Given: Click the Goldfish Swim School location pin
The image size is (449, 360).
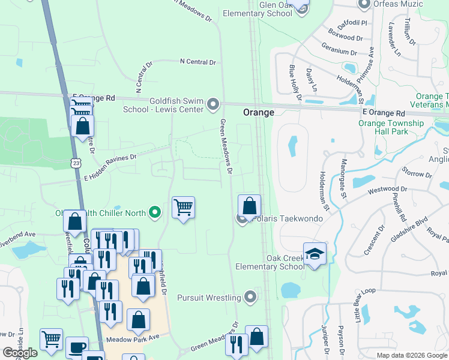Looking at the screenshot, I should (213, 106).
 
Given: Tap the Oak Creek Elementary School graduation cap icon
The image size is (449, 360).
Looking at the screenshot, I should (315, 254).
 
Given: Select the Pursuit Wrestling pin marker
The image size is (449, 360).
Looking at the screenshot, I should (251, 297).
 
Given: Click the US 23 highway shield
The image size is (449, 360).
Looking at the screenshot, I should (75, 163).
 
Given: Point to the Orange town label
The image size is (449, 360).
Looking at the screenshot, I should (259, 112).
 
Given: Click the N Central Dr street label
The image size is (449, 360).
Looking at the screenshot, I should (197, 62).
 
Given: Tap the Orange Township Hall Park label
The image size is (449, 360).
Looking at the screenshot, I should (391, 128).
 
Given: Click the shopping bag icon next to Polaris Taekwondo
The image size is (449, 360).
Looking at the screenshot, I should (249, 206).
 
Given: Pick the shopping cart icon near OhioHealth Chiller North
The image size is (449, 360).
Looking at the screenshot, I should (183, 208).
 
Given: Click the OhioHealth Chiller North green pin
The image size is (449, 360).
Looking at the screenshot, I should (155, 212).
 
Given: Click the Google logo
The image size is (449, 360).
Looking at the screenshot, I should (19, 353).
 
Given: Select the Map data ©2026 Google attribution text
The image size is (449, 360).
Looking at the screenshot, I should (411, 355).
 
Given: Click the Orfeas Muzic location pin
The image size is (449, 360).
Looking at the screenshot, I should (363, 5).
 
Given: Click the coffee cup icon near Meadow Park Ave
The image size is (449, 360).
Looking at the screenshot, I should (76, 348).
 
